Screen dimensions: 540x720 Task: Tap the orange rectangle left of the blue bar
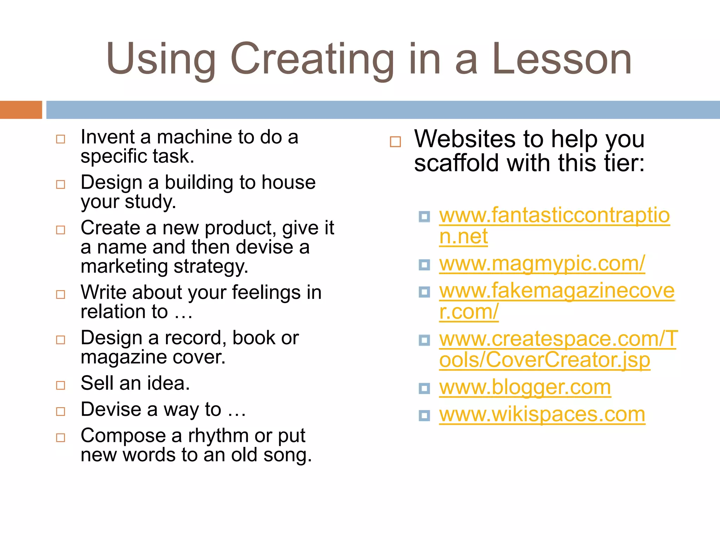(21, 110)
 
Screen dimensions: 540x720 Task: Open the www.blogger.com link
(525, 387)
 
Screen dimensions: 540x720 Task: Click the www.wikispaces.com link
(542, 414)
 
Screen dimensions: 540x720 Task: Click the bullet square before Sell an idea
(61, 385)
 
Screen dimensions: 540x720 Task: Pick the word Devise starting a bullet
(111, 410)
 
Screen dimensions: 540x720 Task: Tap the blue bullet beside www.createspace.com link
(424, 340)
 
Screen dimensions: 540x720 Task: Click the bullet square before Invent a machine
(61, 139)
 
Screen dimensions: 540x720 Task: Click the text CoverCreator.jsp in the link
(568, 360)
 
